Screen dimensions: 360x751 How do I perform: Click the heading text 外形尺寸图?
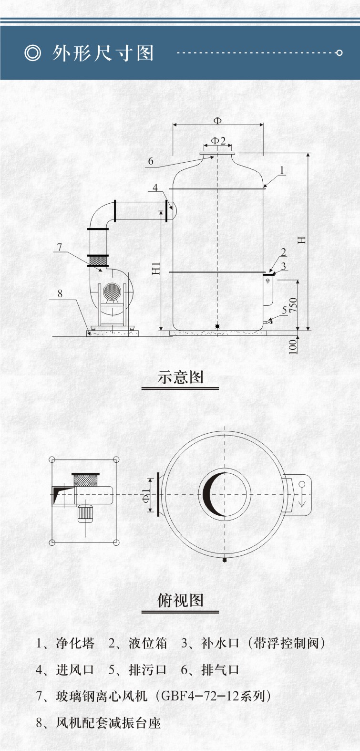103,53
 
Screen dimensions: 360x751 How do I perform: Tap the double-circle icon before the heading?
33,53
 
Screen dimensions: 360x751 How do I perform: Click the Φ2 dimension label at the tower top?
218,141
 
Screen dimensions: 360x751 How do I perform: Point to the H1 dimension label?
156,268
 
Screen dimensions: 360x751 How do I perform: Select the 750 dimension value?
293,305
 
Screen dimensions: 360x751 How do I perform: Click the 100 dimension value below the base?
293,346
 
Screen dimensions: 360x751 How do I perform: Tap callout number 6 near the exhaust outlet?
151,161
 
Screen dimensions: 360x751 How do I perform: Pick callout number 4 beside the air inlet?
155,188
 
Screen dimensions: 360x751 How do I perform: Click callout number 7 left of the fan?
60,247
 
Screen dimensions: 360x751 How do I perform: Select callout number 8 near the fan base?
60,294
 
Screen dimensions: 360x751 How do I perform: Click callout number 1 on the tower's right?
282,170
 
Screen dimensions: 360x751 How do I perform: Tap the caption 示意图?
180,377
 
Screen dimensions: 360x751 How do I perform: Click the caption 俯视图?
180,600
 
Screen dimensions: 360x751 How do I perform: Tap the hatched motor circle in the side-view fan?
112,292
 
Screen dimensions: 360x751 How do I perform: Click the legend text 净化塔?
75,643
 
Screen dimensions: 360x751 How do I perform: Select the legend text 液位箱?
148,643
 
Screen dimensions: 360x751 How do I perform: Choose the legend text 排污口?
148,670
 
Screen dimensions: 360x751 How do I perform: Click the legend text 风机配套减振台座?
108,723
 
